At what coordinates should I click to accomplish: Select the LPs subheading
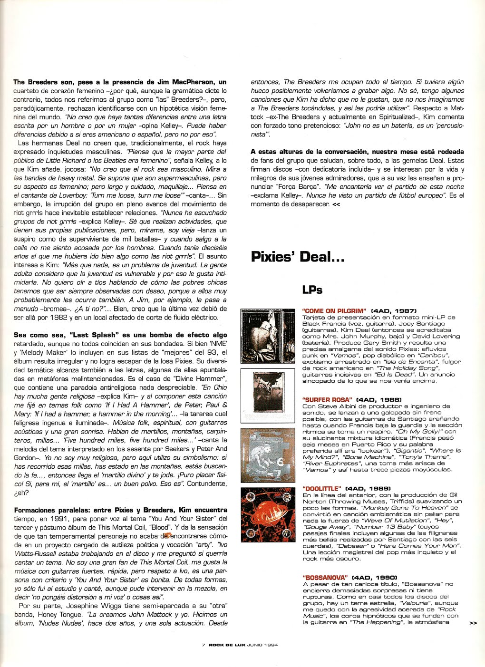(x=312, y=290)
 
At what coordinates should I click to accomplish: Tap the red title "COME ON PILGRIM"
(x=334, y=311)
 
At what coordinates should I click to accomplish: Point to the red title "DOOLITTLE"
(x=322, y=488)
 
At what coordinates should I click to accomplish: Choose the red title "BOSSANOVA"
(x=325, y=577)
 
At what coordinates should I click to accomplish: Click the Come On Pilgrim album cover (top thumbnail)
(x=262, y=336)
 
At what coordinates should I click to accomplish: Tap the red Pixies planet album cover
(x=262, y=514)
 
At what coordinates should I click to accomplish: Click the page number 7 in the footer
(x=203, y=645)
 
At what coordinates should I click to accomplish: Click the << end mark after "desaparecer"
(x=336, y=204)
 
